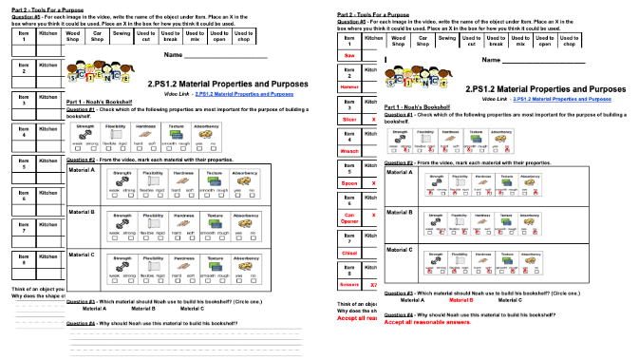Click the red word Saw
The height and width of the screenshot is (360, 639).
(x=349, y=55)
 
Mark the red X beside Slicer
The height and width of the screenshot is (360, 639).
(x=373, y=120)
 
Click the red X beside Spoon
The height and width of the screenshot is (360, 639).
(x=373, y=183)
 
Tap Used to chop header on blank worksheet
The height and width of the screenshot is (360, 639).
(x=243, y=37)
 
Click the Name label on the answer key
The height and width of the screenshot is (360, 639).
(x=491, y=60)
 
